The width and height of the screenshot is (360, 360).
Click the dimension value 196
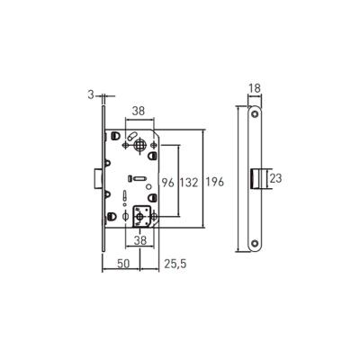pos(214,182)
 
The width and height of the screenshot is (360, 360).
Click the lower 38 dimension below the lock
pos(140,241)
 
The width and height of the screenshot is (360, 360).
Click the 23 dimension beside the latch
pos(275,178)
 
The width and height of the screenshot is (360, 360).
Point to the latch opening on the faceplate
pos(256,178)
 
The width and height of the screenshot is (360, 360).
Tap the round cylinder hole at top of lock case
pos(140,146)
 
